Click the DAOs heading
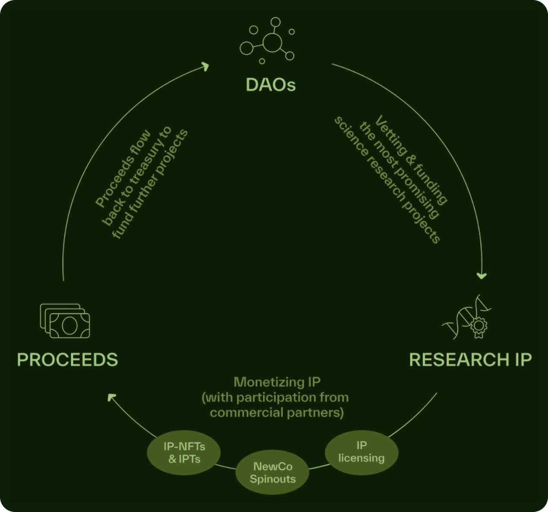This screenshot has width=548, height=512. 271,85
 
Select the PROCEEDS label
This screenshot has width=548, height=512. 68,360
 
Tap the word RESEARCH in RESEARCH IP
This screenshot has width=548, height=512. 459,360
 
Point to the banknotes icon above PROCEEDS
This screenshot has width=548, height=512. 65,321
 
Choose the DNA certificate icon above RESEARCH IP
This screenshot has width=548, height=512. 467,317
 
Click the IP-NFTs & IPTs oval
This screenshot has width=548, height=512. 184,452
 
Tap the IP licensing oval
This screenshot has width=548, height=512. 362,452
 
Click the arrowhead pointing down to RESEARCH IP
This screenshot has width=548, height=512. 482,276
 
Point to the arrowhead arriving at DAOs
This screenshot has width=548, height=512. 205,66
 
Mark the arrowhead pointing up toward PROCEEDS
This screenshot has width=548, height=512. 111,397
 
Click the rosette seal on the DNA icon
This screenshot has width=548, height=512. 479,326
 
